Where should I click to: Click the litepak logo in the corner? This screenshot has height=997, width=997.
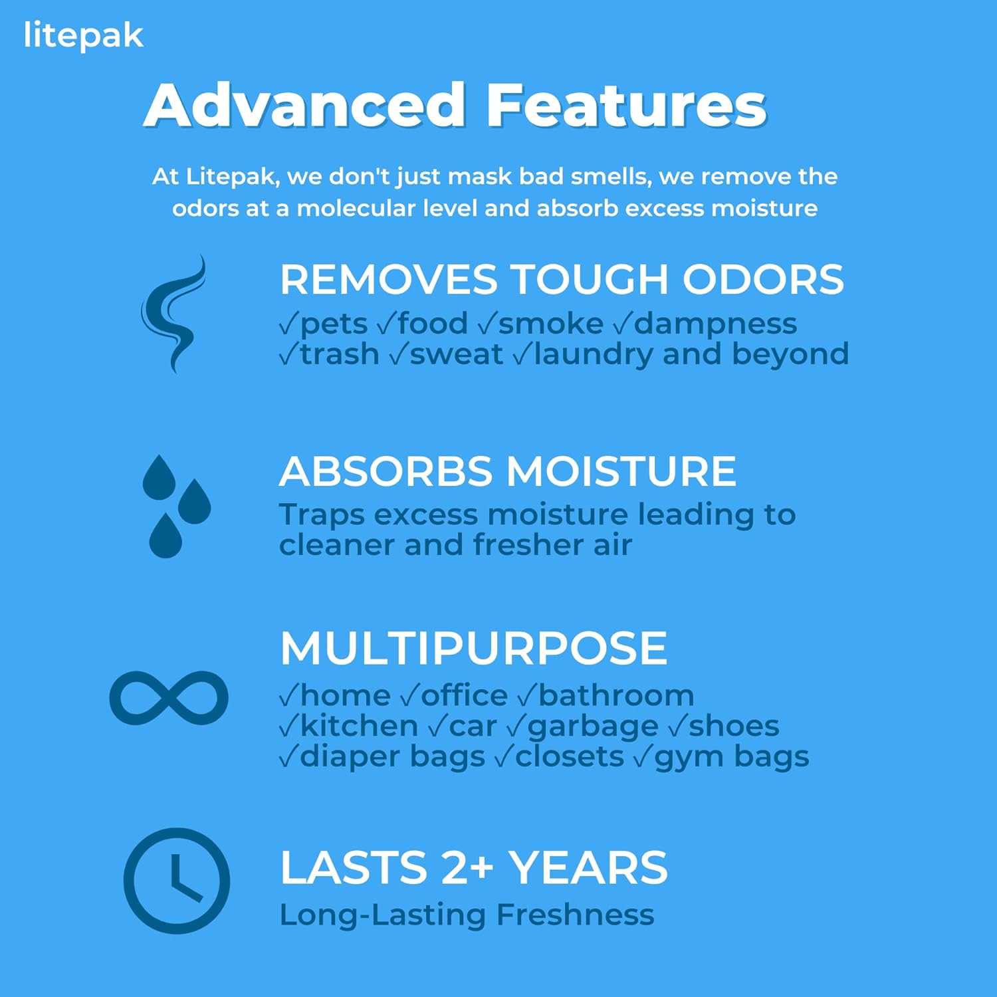pos(83,37)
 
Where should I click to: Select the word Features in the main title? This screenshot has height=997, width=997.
pos(627,104)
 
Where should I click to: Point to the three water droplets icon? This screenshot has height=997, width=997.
pos(176,506)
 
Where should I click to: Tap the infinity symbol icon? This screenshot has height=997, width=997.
pos(169,698)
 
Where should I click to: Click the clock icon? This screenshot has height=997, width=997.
pos(177,881)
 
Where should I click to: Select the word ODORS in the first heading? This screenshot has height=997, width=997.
pos(763,279)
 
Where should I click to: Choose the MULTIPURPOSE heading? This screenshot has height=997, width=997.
pos(474,648)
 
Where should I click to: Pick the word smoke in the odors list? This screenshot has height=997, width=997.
pos(551,324)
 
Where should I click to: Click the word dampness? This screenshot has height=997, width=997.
pos(716,325)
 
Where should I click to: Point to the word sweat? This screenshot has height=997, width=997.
pos(457,354)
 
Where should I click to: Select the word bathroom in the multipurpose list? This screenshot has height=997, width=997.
pos(616,695)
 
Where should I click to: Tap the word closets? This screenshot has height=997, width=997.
pos(570,756)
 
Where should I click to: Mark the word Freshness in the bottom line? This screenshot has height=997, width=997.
pos(576,915)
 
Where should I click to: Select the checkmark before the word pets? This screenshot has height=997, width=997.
pos(289,324)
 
